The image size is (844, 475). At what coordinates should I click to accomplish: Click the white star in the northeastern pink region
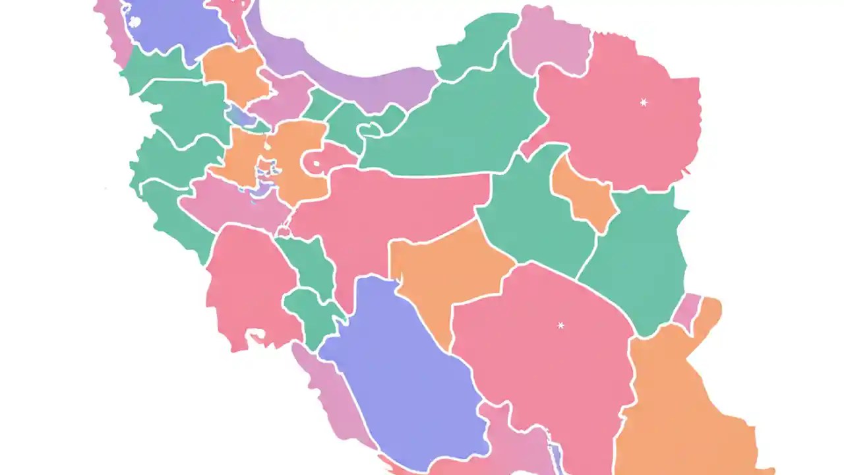(643, 102)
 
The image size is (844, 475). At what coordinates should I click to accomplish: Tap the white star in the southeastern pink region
(560, 325)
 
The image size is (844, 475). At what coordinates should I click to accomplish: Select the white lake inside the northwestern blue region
(135, 22)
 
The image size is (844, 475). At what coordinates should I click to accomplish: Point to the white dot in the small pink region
(317, 163)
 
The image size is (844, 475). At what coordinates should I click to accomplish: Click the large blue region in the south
(402, 383)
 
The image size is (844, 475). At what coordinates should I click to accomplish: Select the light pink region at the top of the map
(551, 40)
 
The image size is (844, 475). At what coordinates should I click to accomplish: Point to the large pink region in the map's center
(396, 205)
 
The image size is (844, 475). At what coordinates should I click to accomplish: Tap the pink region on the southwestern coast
(247, 284)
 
